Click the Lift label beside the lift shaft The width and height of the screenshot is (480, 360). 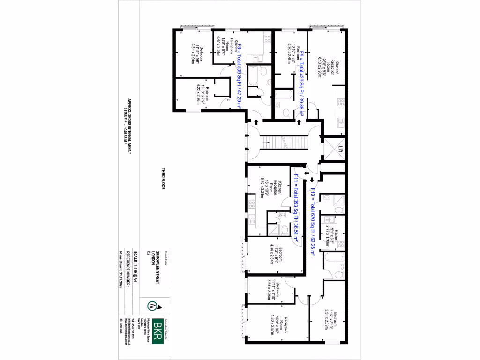click(x=340, y=150)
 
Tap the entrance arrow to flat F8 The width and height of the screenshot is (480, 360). click(x=257, y=122)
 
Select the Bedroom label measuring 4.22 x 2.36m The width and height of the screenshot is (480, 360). click(x=202, y=96)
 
